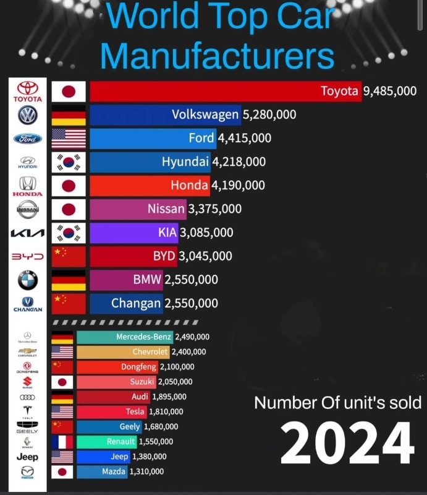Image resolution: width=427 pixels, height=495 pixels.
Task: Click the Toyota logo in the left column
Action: (28, 92)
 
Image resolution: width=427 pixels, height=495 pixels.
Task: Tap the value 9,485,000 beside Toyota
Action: (390, 92)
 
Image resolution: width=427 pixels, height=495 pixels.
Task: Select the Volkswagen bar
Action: (166, 115)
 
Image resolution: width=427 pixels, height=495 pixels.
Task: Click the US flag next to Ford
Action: (69, 139)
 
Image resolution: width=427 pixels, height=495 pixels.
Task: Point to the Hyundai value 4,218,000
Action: (239, 162)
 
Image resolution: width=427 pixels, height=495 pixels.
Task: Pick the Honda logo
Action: (28, 186)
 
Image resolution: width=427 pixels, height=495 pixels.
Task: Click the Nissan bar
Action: (138, 209)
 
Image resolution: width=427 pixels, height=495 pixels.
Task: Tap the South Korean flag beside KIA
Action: (69, 233)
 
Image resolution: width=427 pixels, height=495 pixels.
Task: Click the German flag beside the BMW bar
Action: (69, 280)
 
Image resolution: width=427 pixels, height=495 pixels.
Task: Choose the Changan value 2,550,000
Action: (192, 303)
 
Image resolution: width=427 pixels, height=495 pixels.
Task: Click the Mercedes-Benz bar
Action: (124, 337)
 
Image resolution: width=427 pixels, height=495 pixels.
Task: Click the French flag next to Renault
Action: (62, 442)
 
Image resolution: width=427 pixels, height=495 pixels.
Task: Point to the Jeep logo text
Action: (27, 457)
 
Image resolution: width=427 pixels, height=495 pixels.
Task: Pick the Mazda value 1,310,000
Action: (146, 471)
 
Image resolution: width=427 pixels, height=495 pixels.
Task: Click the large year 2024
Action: (347, 443)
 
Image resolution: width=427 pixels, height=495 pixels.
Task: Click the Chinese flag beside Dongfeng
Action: (62, 367)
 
